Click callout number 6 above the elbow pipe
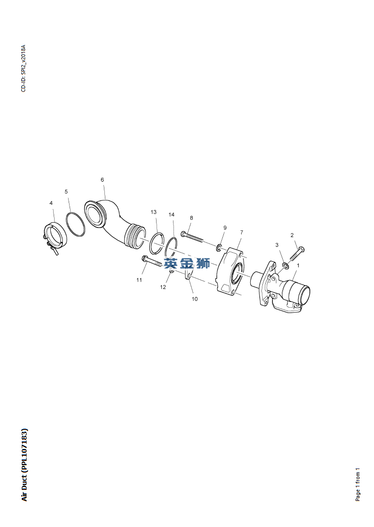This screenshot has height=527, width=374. click(x=102, y=180)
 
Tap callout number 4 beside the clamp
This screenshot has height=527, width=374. click(x=51, y=203)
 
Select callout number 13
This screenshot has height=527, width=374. click(x=154, y=212)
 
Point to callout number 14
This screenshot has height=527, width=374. click(x=172, y=214)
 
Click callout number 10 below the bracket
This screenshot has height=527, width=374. click(x=195, y=299)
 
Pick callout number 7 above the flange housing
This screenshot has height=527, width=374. click(x=242, y=232)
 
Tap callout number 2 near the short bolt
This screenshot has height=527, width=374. click(x=292, y=235)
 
